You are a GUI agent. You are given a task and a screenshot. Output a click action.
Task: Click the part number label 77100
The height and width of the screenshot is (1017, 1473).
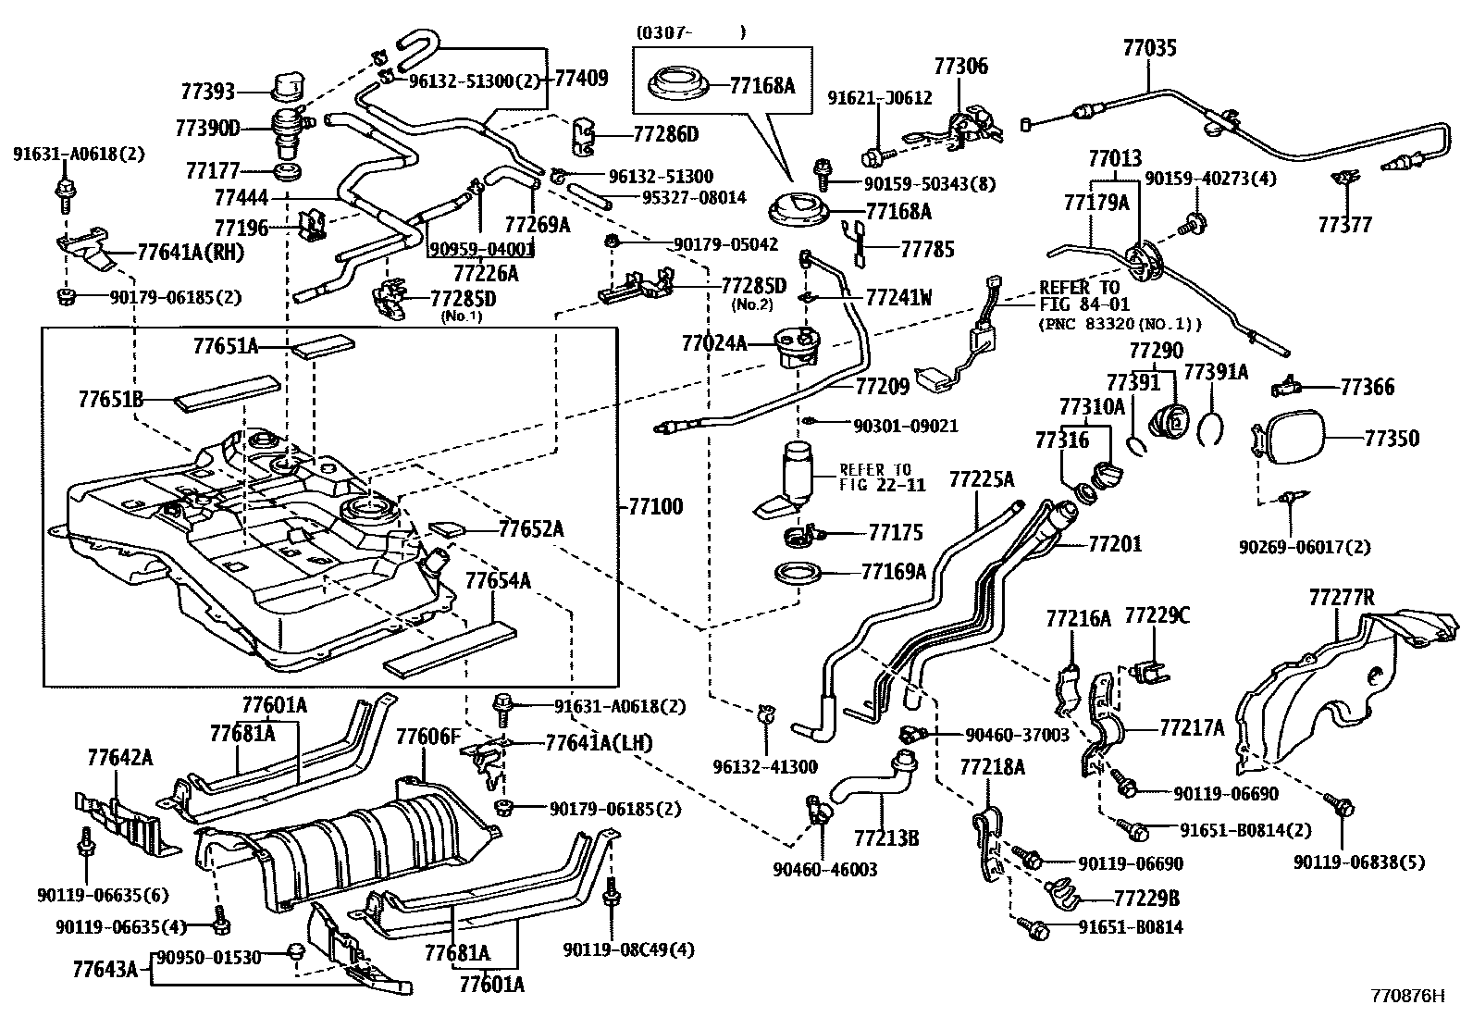click(655, 506)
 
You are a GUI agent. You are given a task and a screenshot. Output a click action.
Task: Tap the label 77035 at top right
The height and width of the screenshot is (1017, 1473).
click(1150, 47)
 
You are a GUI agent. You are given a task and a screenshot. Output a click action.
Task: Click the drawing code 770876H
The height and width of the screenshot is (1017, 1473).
click(1406, 997)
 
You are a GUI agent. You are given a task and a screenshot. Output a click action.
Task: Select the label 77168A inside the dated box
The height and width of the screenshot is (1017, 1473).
click(761, 86)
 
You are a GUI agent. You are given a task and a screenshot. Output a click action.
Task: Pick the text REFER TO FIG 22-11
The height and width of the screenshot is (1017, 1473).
click(874, 476)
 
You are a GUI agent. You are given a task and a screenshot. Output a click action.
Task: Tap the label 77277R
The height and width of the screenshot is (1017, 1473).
click(1342, 599)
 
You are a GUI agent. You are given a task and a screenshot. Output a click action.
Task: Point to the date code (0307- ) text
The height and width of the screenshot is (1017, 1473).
click(689, 32)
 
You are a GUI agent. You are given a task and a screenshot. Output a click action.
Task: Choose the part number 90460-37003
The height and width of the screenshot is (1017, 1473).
click(1017, 734)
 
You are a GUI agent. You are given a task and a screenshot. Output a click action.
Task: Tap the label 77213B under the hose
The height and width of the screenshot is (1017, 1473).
click(885, 838)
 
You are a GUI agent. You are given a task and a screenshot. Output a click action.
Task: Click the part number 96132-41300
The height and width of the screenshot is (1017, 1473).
click(765, 765)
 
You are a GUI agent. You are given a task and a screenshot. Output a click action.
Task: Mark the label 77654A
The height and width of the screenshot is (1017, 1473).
click(497, 581)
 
